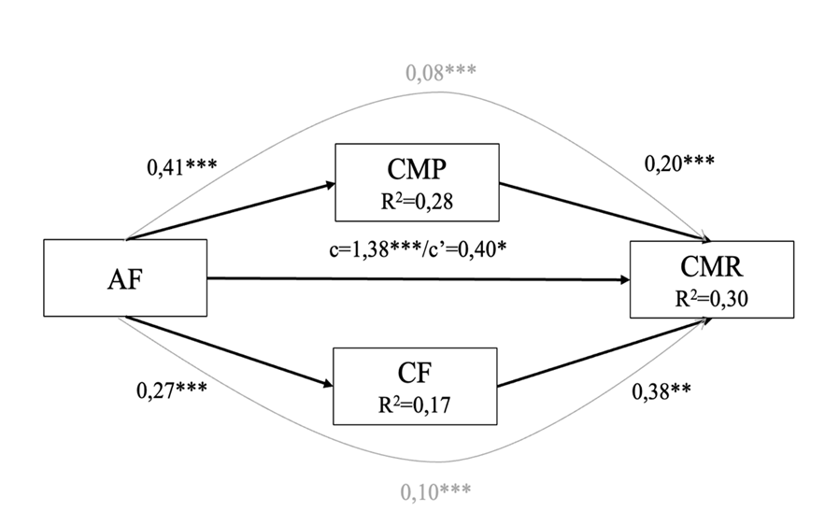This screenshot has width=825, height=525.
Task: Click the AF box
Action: click(125, 277)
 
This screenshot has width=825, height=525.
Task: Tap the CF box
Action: click(415, 384)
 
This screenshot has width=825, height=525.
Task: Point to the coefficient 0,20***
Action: click(679, 162)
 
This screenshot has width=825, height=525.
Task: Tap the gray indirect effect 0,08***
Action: click(440, 71)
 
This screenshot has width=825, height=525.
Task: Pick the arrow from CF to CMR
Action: click(598, 357)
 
